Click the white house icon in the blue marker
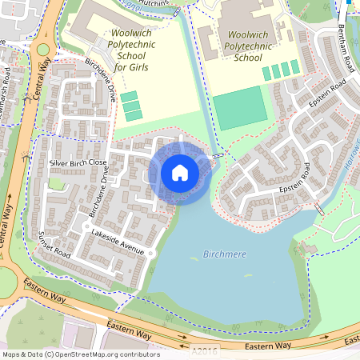coord(180,173)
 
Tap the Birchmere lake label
coord(225,254)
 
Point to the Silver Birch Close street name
coord(78,162)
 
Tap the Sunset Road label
coord(54,243)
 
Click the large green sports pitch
coord(239,108)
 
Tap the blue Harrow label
coord(354,169)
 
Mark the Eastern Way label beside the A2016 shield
coord(269,346)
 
